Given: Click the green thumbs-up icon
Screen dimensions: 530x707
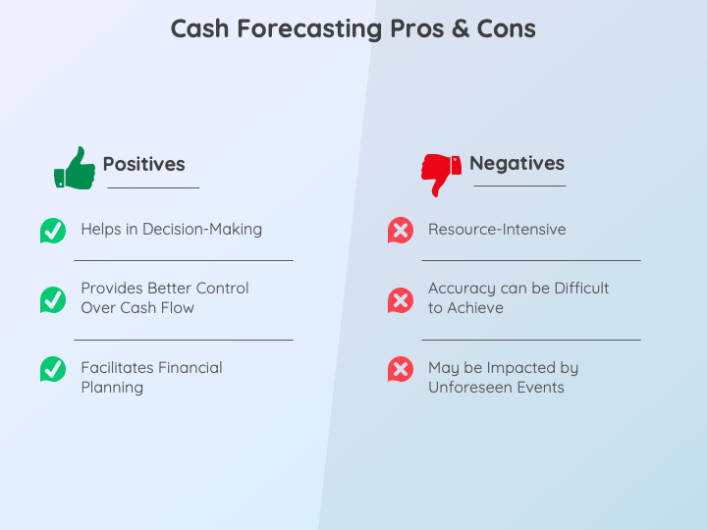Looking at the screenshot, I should pos(75,168).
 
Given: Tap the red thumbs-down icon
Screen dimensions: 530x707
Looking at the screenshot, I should pos(441,174).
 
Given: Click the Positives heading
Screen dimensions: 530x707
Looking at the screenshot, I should pos(143,165).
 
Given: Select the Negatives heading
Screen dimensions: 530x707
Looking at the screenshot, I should pos(517,164).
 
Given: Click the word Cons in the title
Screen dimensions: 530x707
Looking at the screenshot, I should pos(506,28).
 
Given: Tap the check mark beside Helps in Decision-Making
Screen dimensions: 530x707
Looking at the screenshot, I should pos(53,231).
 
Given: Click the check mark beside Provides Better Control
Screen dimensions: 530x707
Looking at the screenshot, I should pos(53,299).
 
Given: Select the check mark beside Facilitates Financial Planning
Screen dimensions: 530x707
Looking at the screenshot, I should pos(53,369).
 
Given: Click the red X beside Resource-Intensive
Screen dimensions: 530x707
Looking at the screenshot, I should pos(400,231).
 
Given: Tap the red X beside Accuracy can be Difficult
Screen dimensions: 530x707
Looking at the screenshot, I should pos(400,299).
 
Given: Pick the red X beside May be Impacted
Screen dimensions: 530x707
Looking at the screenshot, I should pos(400,369).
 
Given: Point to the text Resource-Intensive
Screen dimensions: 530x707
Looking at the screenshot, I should pos(497,230).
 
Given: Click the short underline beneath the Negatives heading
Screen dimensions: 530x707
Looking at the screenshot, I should pos(519,185).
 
